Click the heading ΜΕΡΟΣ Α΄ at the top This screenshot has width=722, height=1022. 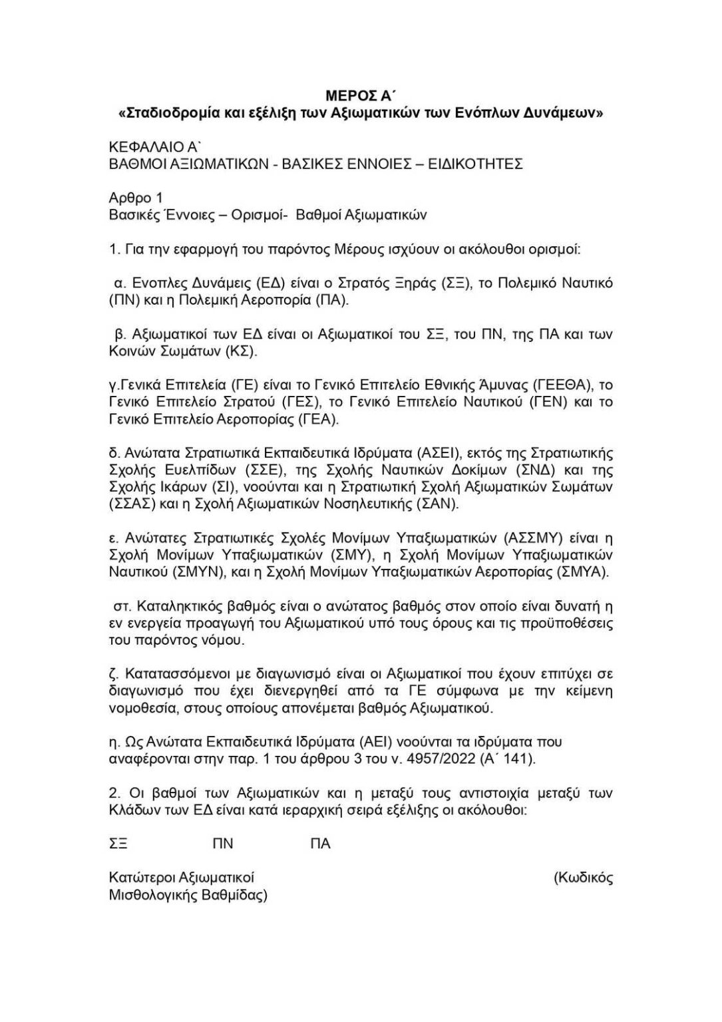pyautogui.click(x=361, y=95)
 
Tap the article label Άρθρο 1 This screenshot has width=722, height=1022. pyautogui.click(x=136, y=198)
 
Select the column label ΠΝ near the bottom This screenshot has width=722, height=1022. pyautogui.click(x=223, y=844)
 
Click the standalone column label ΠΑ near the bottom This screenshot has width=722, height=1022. pyautogui.click(x=320, y=844)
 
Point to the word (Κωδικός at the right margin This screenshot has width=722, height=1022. pyautogui.click(x=583, y=878)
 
